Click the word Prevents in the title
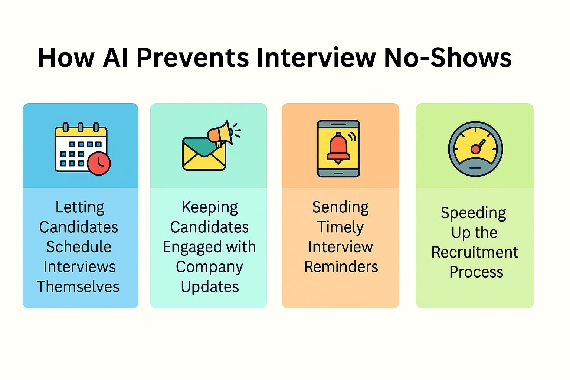(x=193, y=58)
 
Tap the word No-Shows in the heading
(x=448, y=58)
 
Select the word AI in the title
(x=115, y=58)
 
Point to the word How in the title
(x=66, y=58)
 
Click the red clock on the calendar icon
(x=99, y=163)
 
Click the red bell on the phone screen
(x=338, y=148)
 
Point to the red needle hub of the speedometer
(x=475, y=149)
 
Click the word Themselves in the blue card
(x=78, y=287)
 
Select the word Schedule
(x=79, y=247)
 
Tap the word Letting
(x=80, y=207)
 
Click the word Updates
(x=210, y=287)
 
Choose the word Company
(x=209, y=267)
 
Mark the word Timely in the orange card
(x=340, y=227)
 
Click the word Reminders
(x=341, y=267)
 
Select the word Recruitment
(x=475, y=252)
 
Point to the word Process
(x=476, y=272)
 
